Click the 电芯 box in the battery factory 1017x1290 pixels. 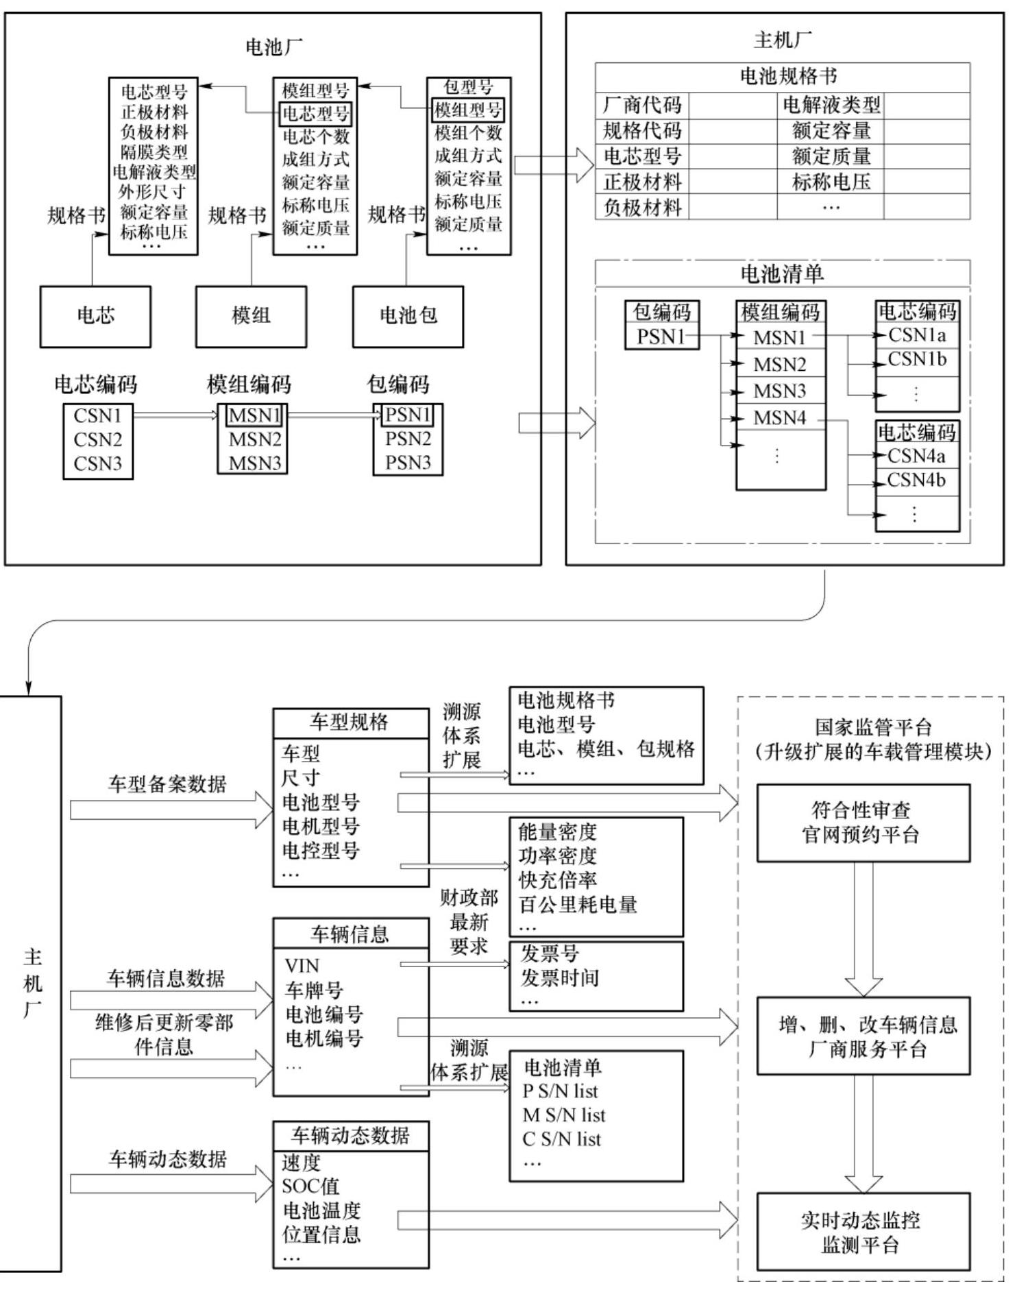tap(95, 316)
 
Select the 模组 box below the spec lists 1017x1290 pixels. tap(251, 316)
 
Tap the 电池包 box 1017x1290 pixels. tap(408, 316)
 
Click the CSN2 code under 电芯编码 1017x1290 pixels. tap(97, 439)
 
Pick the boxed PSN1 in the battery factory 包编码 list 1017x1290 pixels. tap(408, 415)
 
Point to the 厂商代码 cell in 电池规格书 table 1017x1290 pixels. tap(642, 105)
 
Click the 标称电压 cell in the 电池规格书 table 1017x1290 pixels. tap(831, 182)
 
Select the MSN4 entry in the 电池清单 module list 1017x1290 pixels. tap(780, 417)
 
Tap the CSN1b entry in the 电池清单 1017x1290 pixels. tap(917, 359)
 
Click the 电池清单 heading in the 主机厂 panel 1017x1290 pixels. tap(782, 274)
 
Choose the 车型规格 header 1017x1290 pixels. tap(350, 722)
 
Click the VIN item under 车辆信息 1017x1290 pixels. tap(302, 966)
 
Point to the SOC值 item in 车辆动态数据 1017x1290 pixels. tap(310, 1186)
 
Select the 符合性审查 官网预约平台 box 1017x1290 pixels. tap(863, 823)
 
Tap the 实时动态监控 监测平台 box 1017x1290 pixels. tap(863, 1232)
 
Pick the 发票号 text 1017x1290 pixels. tap(550, 953)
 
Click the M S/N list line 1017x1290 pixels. tap(564, 1115)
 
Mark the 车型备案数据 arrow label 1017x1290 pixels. tap(167, 784)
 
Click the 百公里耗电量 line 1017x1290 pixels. tap(578, 905)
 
